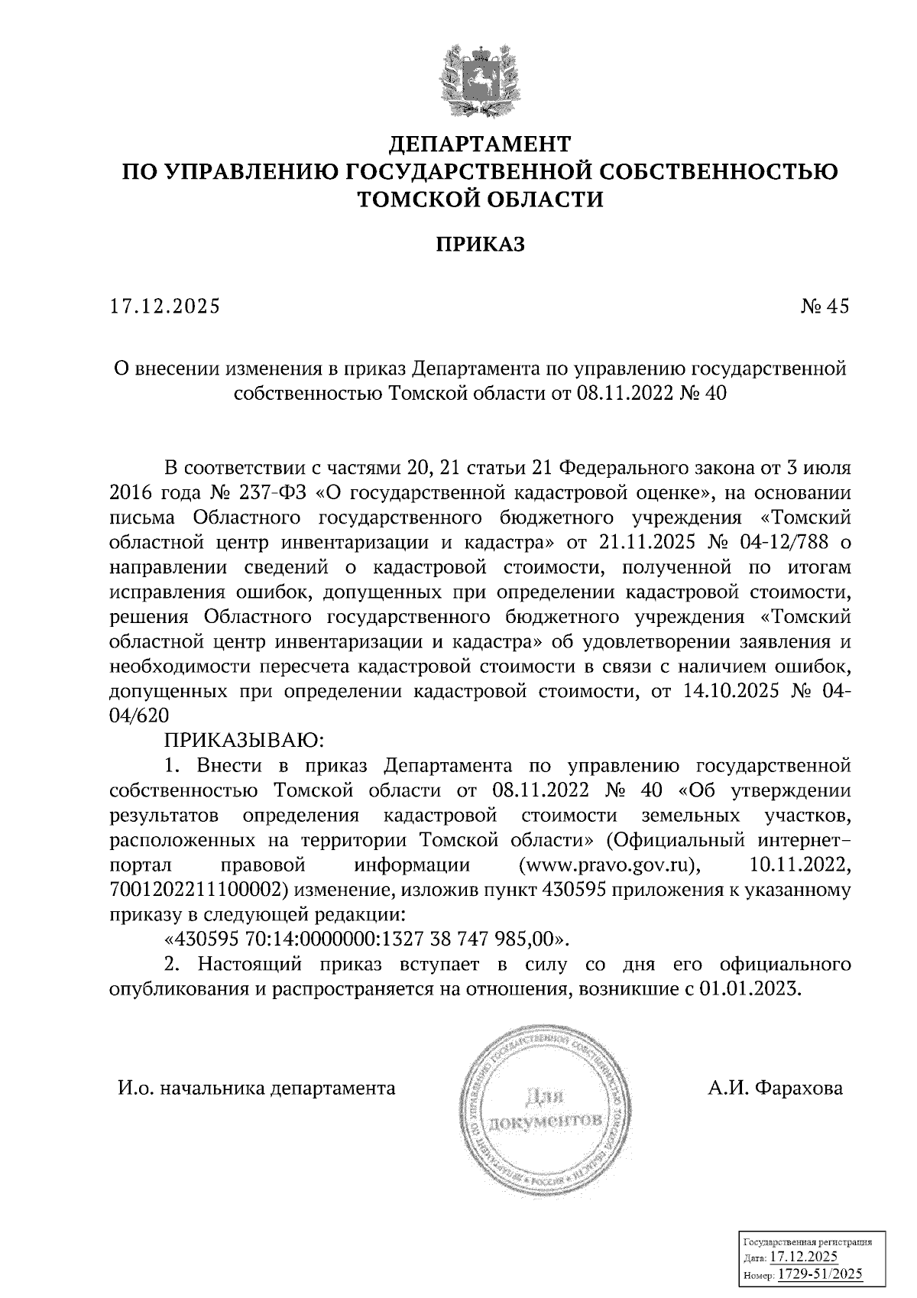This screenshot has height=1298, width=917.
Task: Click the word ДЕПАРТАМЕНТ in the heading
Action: [481, 144]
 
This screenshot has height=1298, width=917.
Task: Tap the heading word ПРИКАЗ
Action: [481, 245]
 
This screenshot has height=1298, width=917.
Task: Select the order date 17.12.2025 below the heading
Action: [164, 307]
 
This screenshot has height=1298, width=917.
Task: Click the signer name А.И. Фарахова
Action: [775, 1088]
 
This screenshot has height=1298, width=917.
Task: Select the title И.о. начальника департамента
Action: [256, 1088]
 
